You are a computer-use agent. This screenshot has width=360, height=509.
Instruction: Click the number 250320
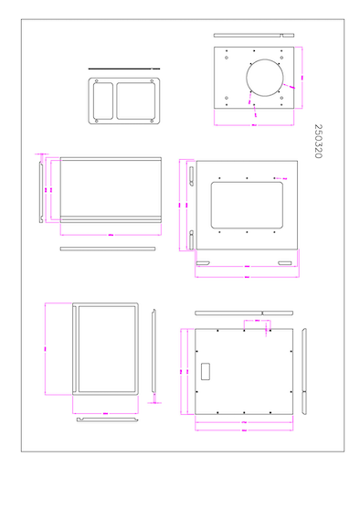click(318, 142)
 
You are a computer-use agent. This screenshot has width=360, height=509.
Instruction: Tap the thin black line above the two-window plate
click(123, 69)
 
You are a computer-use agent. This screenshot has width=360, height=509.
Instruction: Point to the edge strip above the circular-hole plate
click(255, 36)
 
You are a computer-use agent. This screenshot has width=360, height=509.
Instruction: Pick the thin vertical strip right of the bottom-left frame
click(154, 354)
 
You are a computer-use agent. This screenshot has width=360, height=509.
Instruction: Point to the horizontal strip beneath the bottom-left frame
click(108, 419)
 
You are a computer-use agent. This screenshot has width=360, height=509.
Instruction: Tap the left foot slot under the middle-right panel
click(203, 264)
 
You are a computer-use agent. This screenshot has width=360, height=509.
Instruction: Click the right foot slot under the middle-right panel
click(286, 264)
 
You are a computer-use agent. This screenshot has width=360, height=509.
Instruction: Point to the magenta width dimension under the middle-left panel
click(110, 234)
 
